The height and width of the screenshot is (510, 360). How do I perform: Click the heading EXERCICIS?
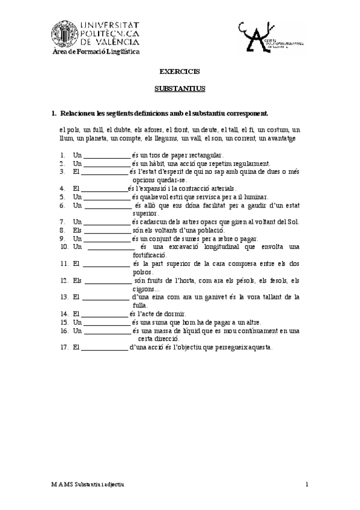coord(180,72)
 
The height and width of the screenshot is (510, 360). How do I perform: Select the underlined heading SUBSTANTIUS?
coord(180,88)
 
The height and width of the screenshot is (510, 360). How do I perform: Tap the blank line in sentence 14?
coord(104,313)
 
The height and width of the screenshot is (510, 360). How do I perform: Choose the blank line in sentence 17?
coord(104,347)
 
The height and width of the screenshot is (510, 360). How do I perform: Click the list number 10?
coord(64,247)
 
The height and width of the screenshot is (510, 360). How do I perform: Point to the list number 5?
coord(62,196)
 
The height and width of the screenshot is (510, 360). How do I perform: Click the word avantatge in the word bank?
coord(276,138)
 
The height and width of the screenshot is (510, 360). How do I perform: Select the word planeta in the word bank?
coord(91,138)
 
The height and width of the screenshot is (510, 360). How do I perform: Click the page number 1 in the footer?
coord(306,484)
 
